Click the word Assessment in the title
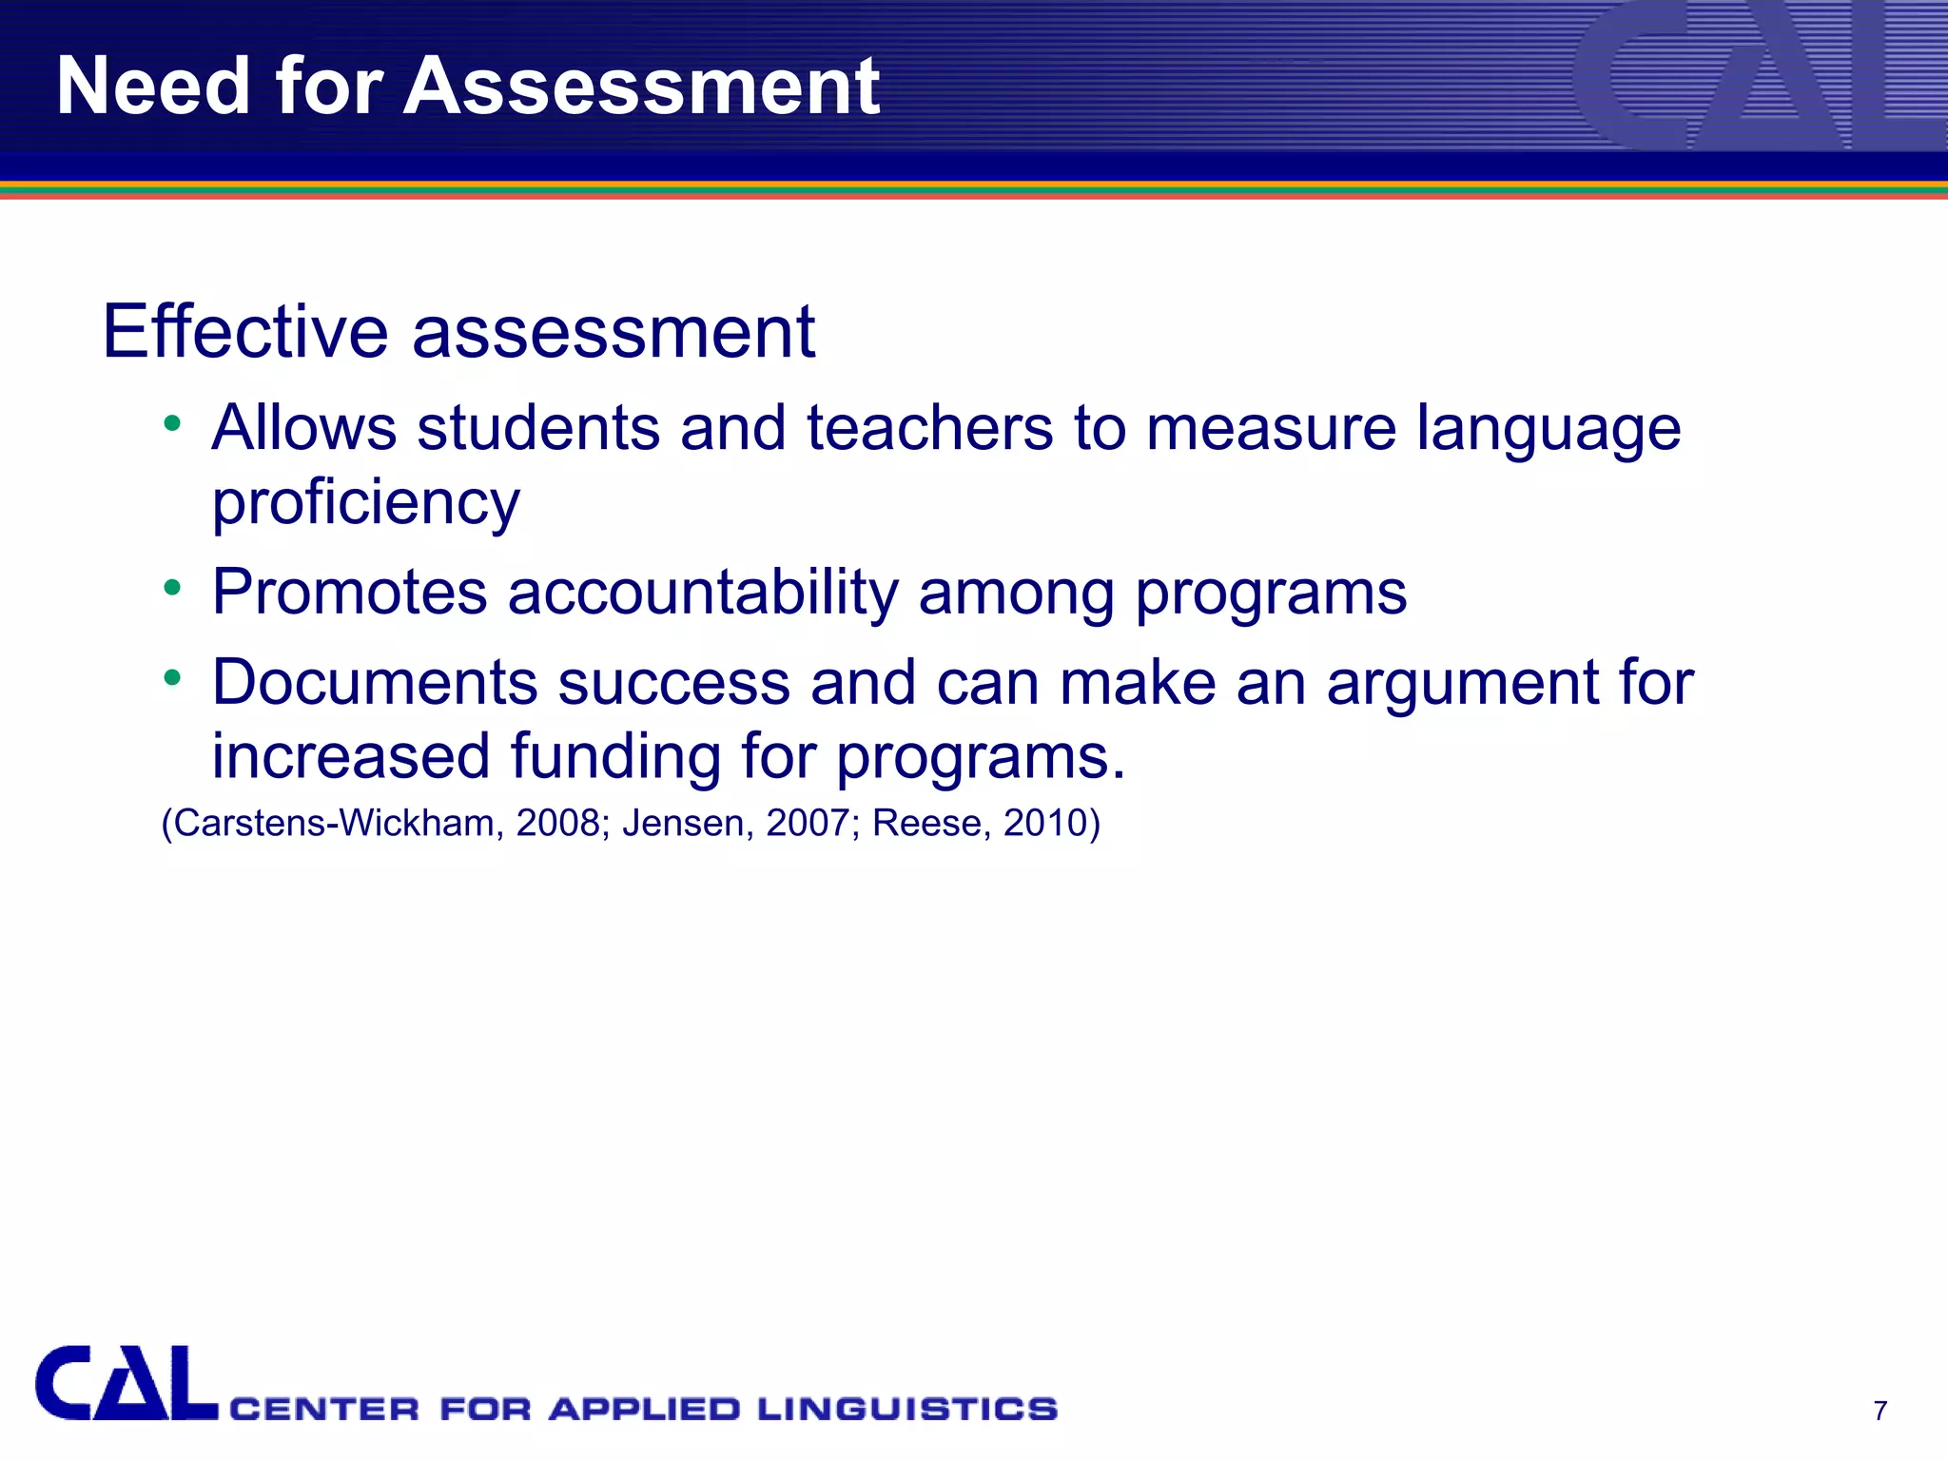pos(641,87)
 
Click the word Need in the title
pos(152,87)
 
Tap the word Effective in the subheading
pos(245,332)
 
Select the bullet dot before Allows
pos(172,423)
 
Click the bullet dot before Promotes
pos(172,588)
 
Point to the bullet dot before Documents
pos(172,678)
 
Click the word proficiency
pos(366,503)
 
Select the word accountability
pos(702,593)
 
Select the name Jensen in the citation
pos(684,823)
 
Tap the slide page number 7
pos(1880,1411)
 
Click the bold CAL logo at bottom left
pos(126,1384)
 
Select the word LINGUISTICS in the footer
pos(907,1409)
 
